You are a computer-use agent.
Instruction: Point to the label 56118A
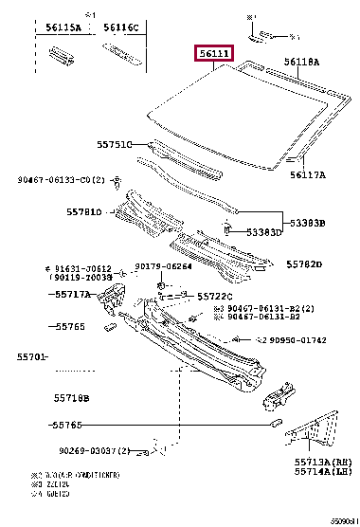point(303,61)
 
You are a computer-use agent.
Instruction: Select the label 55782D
point(305,264)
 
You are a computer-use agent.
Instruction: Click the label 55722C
point(215,297)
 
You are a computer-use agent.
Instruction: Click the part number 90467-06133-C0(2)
point(60,178)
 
